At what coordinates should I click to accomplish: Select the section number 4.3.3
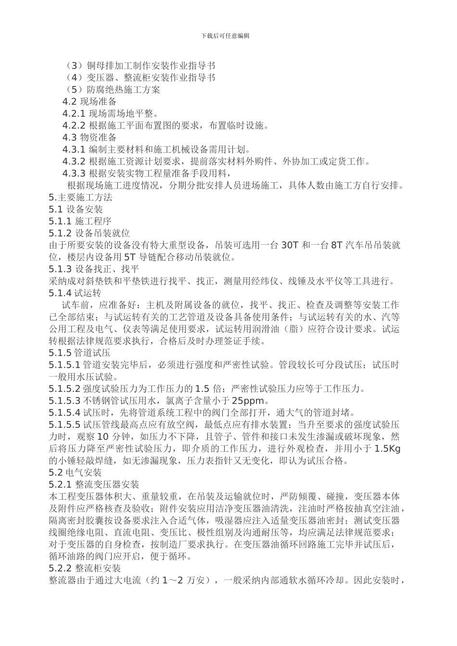(74, 174)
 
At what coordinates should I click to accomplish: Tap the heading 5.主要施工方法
(80, 198)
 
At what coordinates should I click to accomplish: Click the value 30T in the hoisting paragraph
(290, 245)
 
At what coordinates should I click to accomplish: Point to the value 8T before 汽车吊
(336, 245)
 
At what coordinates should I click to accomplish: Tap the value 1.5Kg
(388, 448)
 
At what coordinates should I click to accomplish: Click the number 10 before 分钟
(103, 437)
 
